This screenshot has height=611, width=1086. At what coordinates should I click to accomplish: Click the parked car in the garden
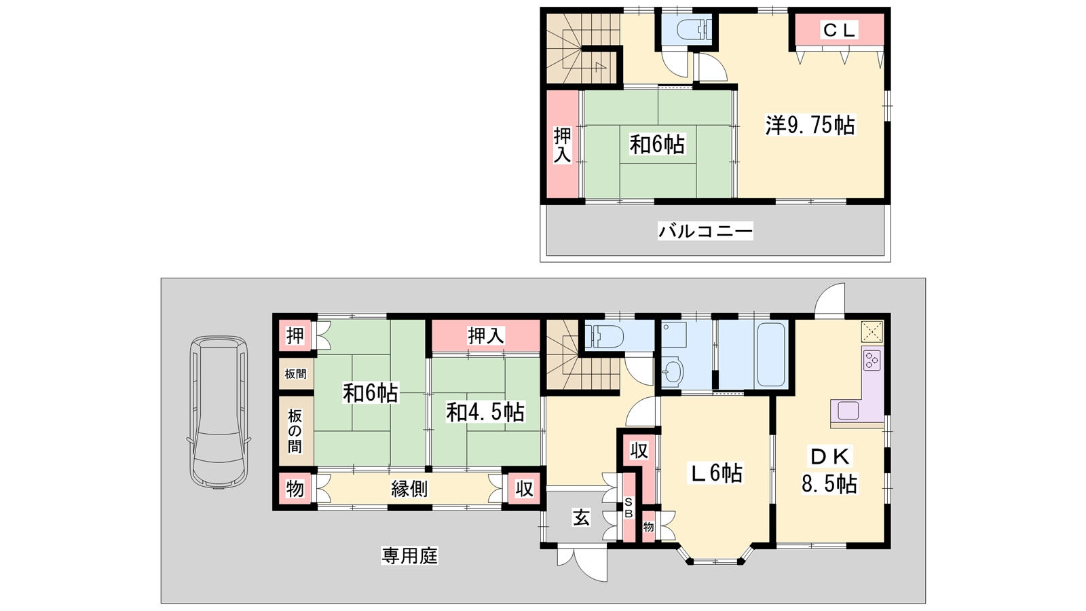click(x=219, y=412)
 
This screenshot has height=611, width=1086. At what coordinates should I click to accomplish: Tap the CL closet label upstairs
click(x=839, y=31)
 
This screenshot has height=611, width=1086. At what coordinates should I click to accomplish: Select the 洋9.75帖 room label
click(x=810, y=125)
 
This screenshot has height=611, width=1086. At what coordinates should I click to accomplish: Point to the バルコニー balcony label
click(x=705, y=231)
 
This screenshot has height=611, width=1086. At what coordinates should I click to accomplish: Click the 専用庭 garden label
click(x=410, y=556)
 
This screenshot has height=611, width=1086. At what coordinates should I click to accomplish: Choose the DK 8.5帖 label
click(x=829, y=470)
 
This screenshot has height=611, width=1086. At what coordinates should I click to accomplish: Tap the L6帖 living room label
click(x=716, y=473)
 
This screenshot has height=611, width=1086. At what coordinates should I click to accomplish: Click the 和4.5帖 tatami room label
click(x=485, y=413)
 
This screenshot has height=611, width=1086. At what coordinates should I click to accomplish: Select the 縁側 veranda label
click(x=410, y=489)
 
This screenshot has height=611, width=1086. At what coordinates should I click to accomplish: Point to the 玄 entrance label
click(x=581, y=518)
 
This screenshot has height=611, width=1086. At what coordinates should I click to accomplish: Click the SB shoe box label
click(x=629, y=507)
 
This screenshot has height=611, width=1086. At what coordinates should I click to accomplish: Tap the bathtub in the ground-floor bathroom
click(x=771, y=354)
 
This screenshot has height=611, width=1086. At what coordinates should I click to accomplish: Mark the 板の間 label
click(x=295, y=431)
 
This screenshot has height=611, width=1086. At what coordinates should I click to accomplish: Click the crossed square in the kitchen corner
click(x=872, y=332)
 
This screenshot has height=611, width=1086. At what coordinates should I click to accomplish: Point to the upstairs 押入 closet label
click(x=563, y=145)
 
